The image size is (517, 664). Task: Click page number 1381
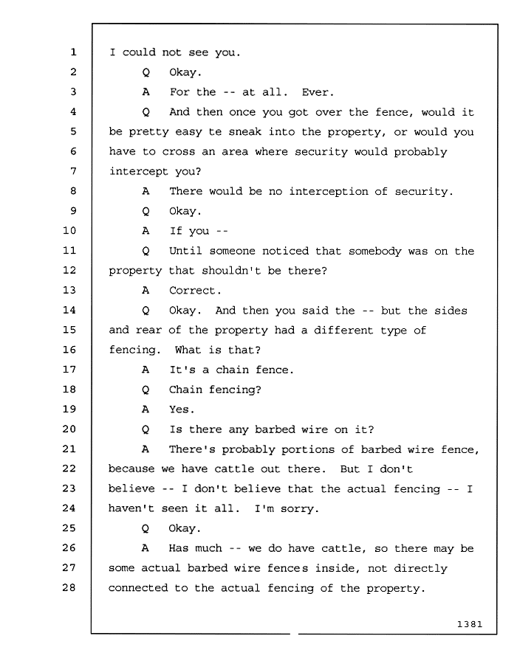pos(470,623)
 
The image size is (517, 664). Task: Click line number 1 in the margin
pos(73,52)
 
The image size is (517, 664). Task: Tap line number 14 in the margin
pos(69,310)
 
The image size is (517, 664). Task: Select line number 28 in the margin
pos(69,587)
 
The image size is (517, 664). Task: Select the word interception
pos(329,191)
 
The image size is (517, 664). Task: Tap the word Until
pos(185,251)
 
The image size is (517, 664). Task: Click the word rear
pos(148,330)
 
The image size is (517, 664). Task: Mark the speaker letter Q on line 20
pos(145,429)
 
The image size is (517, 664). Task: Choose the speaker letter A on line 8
pos(145,191)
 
